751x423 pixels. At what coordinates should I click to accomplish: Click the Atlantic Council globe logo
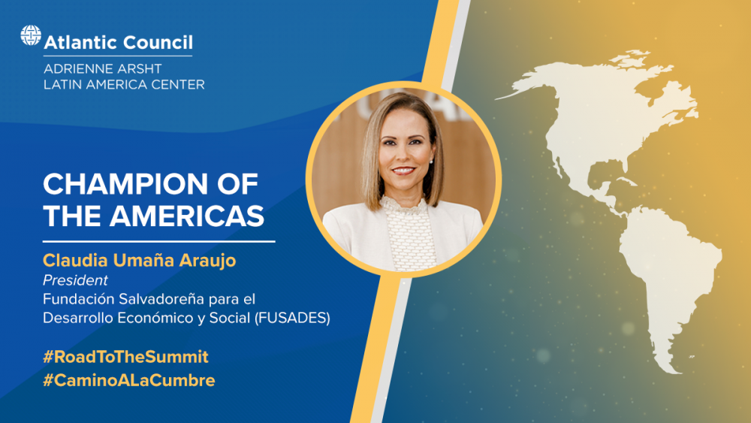pos(31,35)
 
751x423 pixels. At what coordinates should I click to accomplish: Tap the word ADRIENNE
pos(76,68)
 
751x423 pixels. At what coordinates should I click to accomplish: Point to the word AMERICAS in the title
pos(187,216)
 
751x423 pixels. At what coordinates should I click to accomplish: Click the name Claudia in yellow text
pos(75,260)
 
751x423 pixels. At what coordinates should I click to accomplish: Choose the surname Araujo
pos(207,261)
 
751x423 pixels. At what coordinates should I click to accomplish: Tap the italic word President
pos(75,280)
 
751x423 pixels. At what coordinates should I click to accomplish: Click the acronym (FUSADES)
pos(291,318)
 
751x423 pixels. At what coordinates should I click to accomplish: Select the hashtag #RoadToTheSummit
pos(125,357)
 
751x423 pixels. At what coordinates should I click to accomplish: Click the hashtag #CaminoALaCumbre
pos(129,380)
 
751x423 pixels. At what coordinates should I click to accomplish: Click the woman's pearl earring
pos(432,162)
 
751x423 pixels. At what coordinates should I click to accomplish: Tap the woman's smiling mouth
pos(403,171)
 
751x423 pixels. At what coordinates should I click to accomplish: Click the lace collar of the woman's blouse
pos(404,206)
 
